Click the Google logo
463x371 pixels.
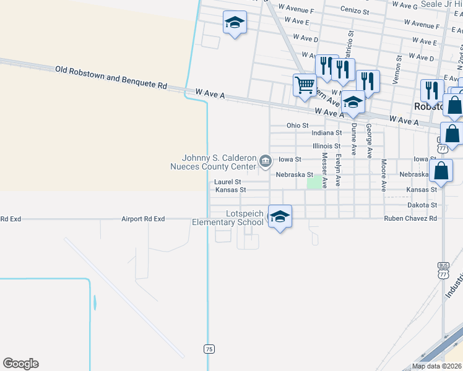[x=20, y=364]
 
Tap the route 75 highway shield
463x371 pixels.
[x=209, y=349]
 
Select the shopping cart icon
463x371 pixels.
[x=305, y=85]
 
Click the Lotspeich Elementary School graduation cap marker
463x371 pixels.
[x=280, y=216]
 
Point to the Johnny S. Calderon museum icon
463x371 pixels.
[x=266, y=162]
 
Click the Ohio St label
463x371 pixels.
[x=297, y=126]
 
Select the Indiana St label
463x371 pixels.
[x=326, y=133]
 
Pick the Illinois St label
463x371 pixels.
[x=326, y=146]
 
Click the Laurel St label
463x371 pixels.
[x=227, y=182]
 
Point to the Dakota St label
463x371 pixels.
[x=422, y=205]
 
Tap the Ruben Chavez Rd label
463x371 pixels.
[x=410, y=218]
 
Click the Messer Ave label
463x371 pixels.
[x=324, y=171]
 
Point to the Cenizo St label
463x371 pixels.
[x=355, y=11]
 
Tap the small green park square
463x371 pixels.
[x=316, y=182]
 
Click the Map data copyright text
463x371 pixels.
[x=436, y=366]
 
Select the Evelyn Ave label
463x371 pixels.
[x=338, y=171]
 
